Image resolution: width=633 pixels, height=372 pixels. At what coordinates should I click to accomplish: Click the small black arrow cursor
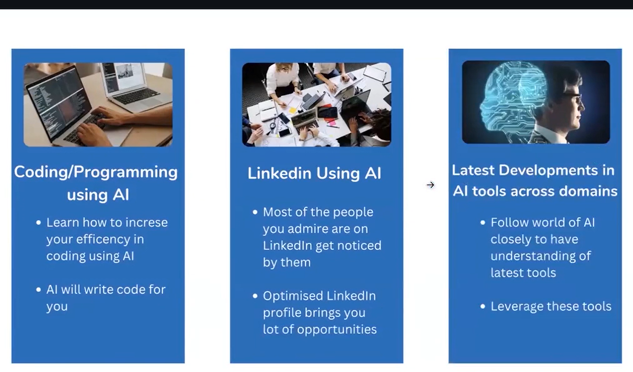click(430, 185)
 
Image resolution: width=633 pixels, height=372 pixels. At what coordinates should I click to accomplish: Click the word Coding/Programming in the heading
click(96, 172)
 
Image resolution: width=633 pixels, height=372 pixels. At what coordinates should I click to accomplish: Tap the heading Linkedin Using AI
click(314, 173)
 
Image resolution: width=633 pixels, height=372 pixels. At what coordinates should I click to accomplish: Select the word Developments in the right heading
click(548, 170)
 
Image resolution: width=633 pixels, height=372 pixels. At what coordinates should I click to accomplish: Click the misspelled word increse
click(146, 223)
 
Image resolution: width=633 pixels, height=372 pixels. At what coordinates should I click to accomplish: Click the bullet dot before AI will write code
click(38, 290)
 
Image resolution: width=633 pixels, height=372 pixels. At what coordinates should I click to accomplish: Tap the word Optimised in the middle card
click(293, 296)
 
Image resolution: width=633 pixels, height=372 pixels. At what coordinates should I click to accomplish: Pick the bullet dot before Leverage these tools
click(483, 307)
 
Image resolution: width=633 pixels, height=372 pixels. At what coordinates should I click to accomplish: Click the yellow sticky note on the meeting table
click(292, 110)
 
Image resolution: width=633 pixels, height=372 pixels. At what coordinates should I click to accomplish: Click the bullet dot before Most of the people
click(255, 212)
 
